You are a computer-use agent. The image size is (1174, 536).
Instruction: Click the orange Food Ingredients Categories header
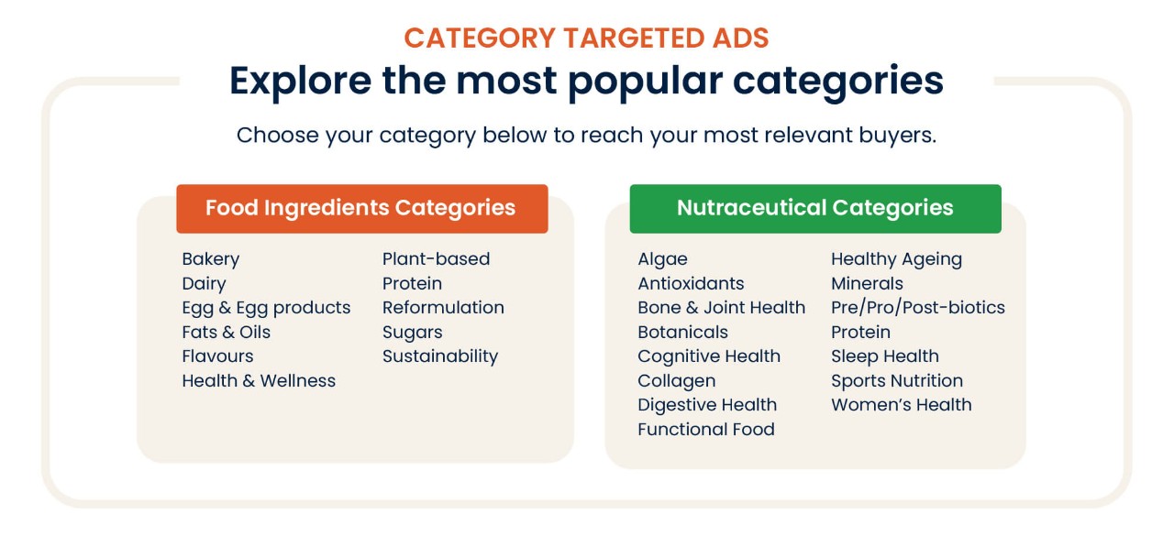click(x=362, y=208)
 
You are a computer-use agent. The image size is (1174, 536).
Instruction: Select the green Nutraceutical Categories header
click(x=815, y=208)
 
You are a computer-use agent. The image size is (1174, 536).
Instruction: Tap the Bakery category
click(x=211, y=259)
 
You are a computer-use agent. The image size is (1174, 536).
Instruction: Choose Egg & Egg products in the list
click(x=266, y=308)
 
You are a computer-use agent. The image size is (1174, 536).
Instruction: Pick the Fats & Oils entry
click(x=227, y=332)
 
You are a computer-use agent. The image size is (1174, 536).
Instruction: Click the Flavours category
click(x=217, y=356)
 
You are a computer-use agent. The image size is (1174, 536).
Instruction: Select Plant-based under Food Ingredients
click(x=436, y=259)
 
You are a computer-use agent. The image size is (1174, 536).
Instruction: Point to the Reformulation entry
click(x=443, y=307)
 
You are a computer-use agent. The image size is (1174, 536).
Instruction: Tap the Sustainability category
click(x=440, y=357)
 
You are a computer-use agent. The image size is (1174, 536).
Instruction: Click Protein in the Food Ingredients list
click(x=413, y=283)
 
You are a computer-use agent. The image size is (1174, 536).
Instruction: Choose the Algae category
click(x=662, y=259)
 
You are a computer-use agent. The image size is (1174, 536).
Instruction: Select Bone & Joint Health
click(x=722, y=307)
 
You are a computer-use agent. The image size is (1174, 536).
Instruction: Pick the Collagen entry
click(x=677, y=381)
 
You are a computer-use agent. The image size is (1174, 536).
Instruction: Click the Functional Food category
click(x=706, y=429)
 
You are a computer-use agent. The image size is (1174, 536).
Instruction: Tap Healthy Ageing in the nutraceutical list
click(x=897, y=259)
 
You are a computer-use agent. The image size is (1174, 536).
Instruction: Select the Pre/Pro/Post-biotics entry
click(x=918, y=308)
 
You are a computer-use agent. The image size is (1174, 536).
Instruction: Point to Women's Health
click(x=902, y=405)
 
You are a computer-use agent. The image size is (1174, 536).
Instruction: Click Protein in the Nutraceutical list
click(x=861, y=332)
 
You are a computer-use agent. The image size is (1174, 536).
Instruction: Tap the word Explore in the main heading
click(x=300, y=82)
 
